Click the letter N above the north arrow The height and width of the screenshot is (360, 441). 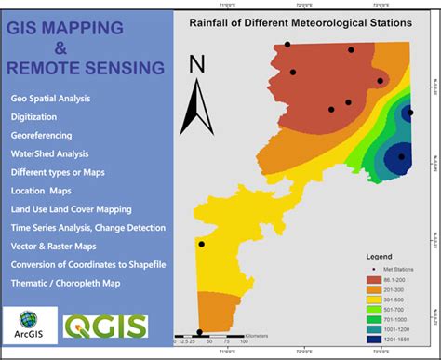click(x=196, y=64)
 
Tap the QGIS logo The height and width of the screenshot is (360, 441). click(x=104, y=325)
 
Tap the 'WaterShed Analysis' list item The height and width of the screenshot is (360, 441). click(x=49, y=153)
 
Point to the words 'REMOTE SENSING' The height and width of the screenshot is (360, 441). click(x=85, y=67)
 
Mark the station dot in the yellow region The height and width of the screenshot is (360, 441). click(x=201, y=245)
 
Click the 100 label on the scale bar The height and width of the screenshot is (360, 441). click(x=243, y=341)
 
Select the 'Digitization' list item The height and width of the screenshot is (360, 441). click(x=34, y=116)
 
